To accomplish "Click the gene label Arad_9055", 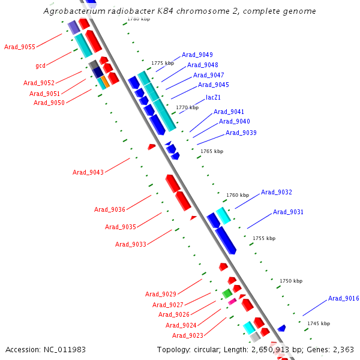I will pos(20,47).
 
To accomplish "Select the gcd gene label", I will pos(41,65).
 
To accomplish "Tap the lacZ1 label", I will pos(213,97).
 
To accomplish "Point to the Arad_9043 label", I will pos(88,173).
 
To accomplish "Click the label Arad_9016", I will pos(343,299).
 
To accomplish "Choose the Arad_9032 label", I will pos(277,193).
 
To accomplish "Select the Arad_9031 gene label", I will pos(288,212).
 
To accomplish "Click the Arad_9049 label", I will pos(197,55).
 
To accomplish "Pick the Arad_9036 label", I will pos(110,210).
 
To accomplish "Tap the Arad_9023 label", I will pos(188,336).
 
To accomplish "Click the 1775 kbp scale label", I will pos(162,63).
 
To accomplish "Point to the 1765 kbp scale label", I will pos(212,151).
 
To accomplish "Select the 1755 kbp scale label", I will pos(264,238).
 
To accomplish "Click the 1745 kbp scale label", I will pos(319,323).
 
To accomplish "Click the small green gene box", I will pos(227,293).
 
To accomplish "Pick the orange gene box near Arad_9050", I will pos(105,81).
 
